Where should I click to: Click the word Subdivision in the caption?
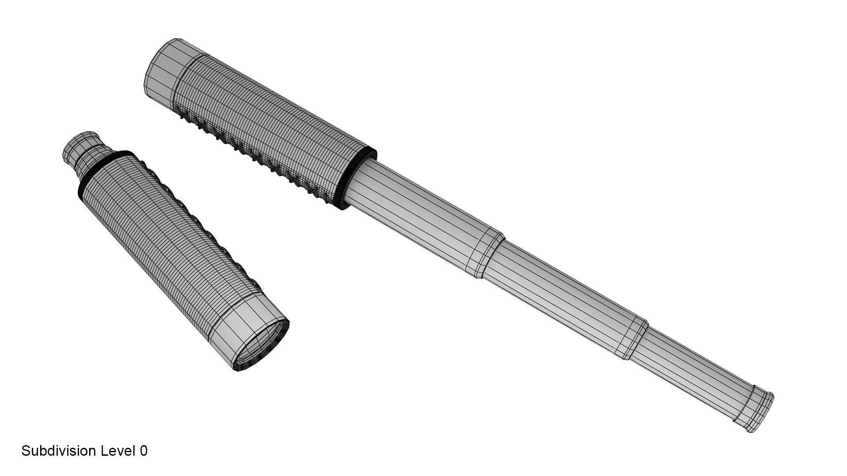coord(59,451)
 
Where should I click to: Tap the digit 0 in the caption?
coord(143,451)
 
